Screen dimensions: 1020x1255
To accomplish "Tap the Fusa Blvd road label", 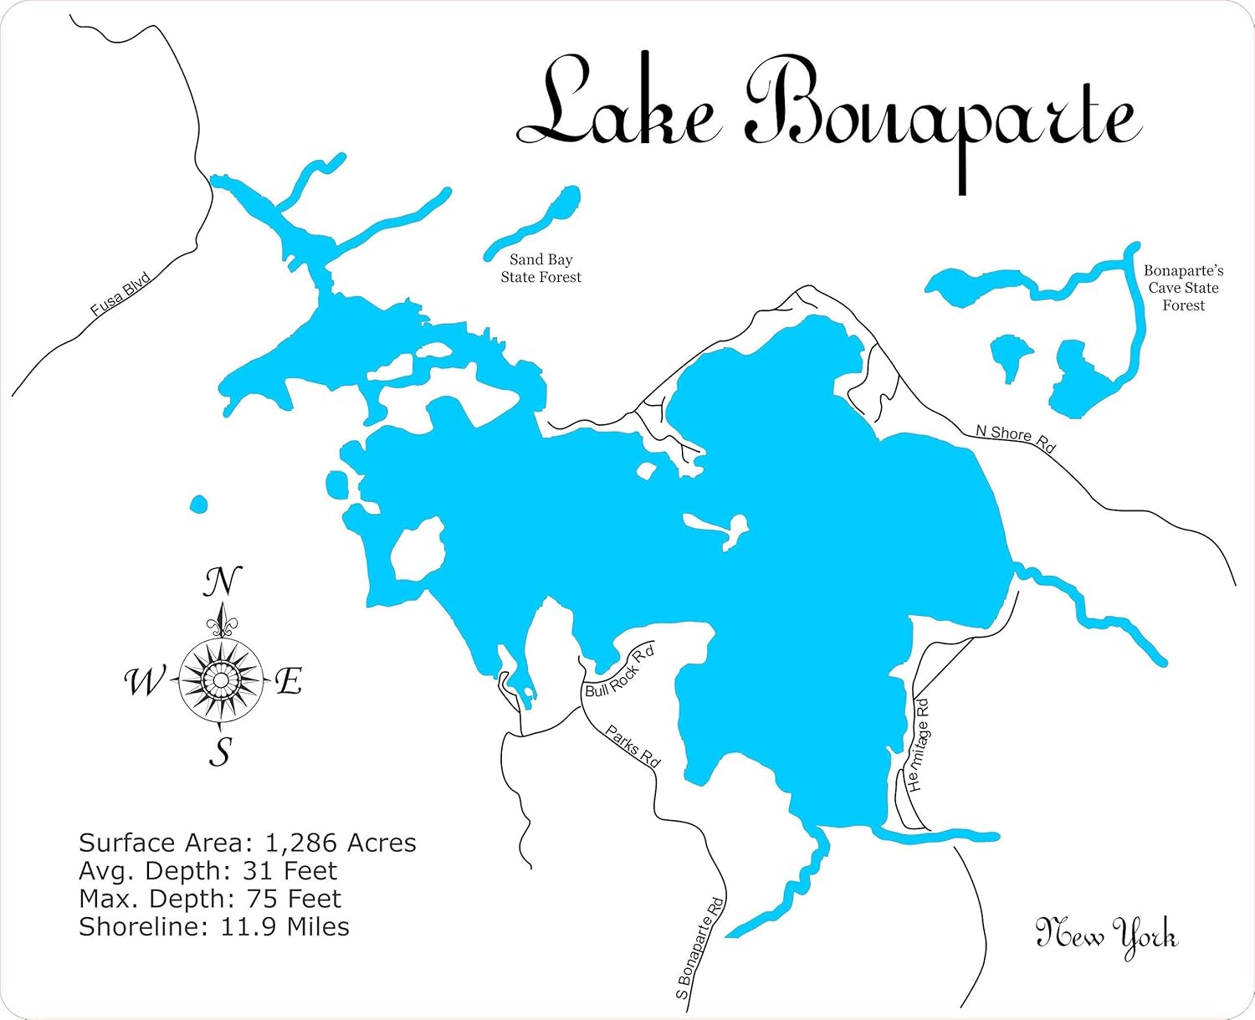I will [120, 294].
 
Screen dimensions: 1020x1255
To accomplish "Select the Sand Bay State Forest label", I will [540, 269].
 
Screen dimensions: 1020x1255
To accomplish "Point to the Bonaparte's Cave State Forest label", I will [1183, 288].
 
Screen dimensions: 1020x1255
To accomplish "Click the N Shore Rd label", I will [1015, 437].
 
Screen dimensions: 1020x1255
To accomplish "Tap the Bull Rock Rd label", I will [618, 673].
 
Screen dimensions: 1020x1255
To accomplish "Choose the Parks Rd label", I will [633, 746].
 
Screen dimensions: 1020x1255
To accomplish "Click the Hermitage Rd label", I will [918, 745].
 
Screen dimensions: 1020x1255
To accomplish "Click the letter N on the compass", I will [223, 582].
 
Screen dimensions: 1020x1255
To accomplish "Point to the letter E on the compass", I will [289, 681].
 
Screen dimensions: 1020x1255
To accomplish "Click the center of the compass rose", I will [221, 679].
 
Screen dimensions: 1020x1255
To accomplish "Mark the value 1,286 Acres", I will [341, 843].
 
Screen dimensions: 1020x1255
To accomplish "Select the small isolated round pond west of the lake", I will [198, 505].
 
